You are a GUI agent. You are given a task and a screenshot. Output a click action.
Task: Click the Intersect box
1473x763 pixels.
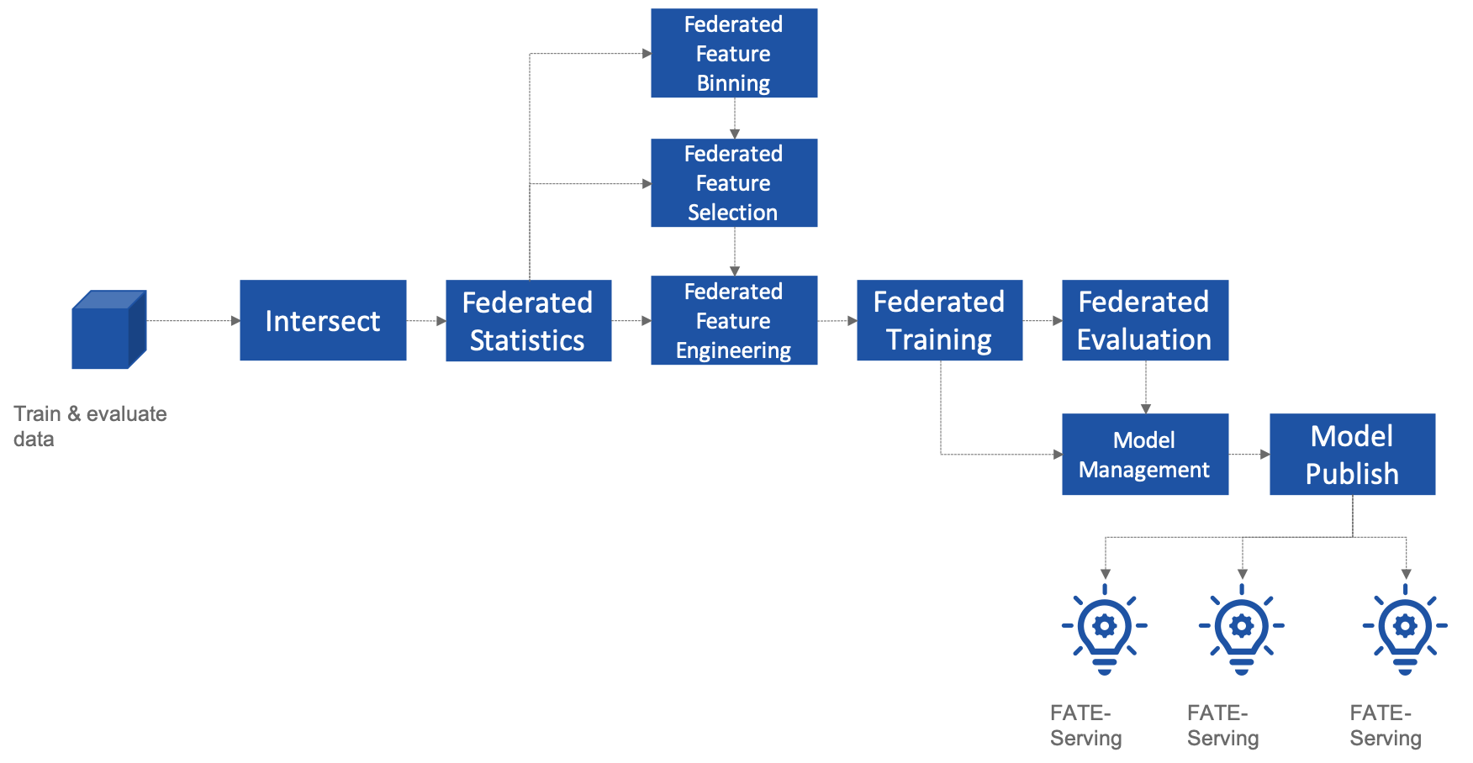pos(323,320)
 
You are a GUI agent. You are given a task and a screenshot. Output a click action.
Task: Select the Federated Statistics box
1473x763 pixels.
pos(528,320)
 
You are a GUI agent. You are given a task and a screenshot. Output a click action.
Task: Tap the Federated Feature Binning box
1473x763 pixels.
pos(734,53)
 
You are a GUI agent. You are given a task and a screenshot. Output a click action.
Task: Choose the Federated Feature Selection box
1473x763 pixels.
pos(734,183)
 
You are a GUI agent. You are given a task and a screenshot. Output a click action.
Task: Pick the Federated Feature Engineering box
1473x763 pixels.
pos(734,320)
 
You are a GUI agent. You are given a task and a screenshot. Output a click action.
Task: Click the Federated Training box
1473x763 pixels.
pos(939,320)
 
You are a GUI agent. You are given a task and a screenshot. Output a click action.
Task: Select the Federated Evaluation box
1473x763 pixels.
pos(1144,320)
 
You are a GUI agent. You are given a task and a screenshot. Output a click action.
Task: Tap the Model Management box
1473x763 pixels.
pos(1144,455)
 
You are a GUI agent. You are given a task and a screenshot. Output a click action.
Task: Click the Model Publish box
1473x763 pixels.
pos(1352,455)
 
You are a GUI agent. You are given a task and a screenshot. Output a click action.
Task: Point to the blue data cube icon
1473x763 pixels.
pos(108,330)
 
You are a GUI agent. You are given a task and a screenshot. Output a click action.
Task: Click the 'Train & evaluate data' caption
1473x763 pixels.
pos(90,426)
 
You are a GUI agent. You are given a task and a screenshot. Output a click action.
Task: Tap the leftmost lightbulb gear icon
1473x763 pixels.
pos(1105,630)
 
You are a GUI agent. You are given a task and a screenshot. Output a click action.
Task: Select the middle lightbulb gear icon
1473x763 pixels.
pos(1242,630)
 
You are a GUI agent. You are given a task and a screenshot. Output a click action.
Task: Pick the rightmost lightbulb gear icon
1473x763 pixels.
pos(1405,630)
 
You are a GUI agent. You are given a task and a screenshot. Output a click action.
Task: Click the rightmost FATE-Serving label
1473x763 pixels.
pos(1385,725)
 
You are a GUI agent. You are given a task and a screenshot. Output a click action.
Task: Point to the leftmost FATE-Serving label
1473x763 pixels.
pos(1085,725)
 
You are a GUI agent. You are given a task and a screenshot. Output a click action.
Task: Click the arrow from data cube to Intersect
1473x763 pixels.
pos(193,321)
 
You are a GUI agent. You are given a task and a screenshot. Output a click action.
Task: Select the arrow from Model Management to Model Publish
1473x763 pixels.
pos(1249,455)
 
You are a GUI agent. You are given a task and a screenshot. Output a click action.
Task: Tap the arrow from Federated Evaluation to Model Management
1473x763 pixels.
pos(1146,387)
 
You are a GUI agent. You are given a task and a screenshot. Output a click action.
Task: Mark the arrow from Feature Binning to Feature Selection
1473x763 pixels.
pos(735,118)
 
